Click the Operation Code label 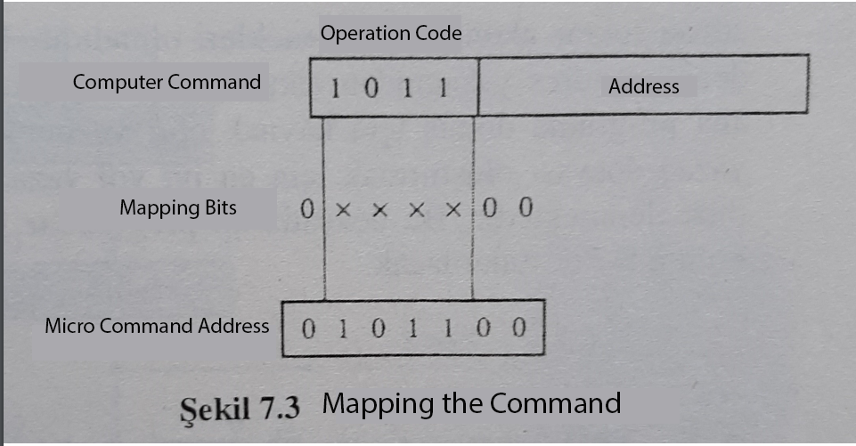tap(391, 34)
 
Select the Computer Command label tap(167, 83)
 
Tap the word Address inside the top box tap(643, 87)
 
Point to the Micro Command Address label tap(157, 326)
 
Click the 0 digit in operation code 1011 tap(371, 88)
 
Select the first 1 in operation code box tap(336, 88)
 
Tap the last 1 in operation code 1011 tap(441, 88)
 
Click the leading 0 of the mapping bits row tap(307, 210)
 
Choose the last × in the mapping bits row tap(454, 211)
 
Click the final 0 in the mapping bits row tap(526, 210)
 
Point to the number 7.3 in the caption tap(280, 406)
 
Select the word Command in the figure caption tap(553, 403)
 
